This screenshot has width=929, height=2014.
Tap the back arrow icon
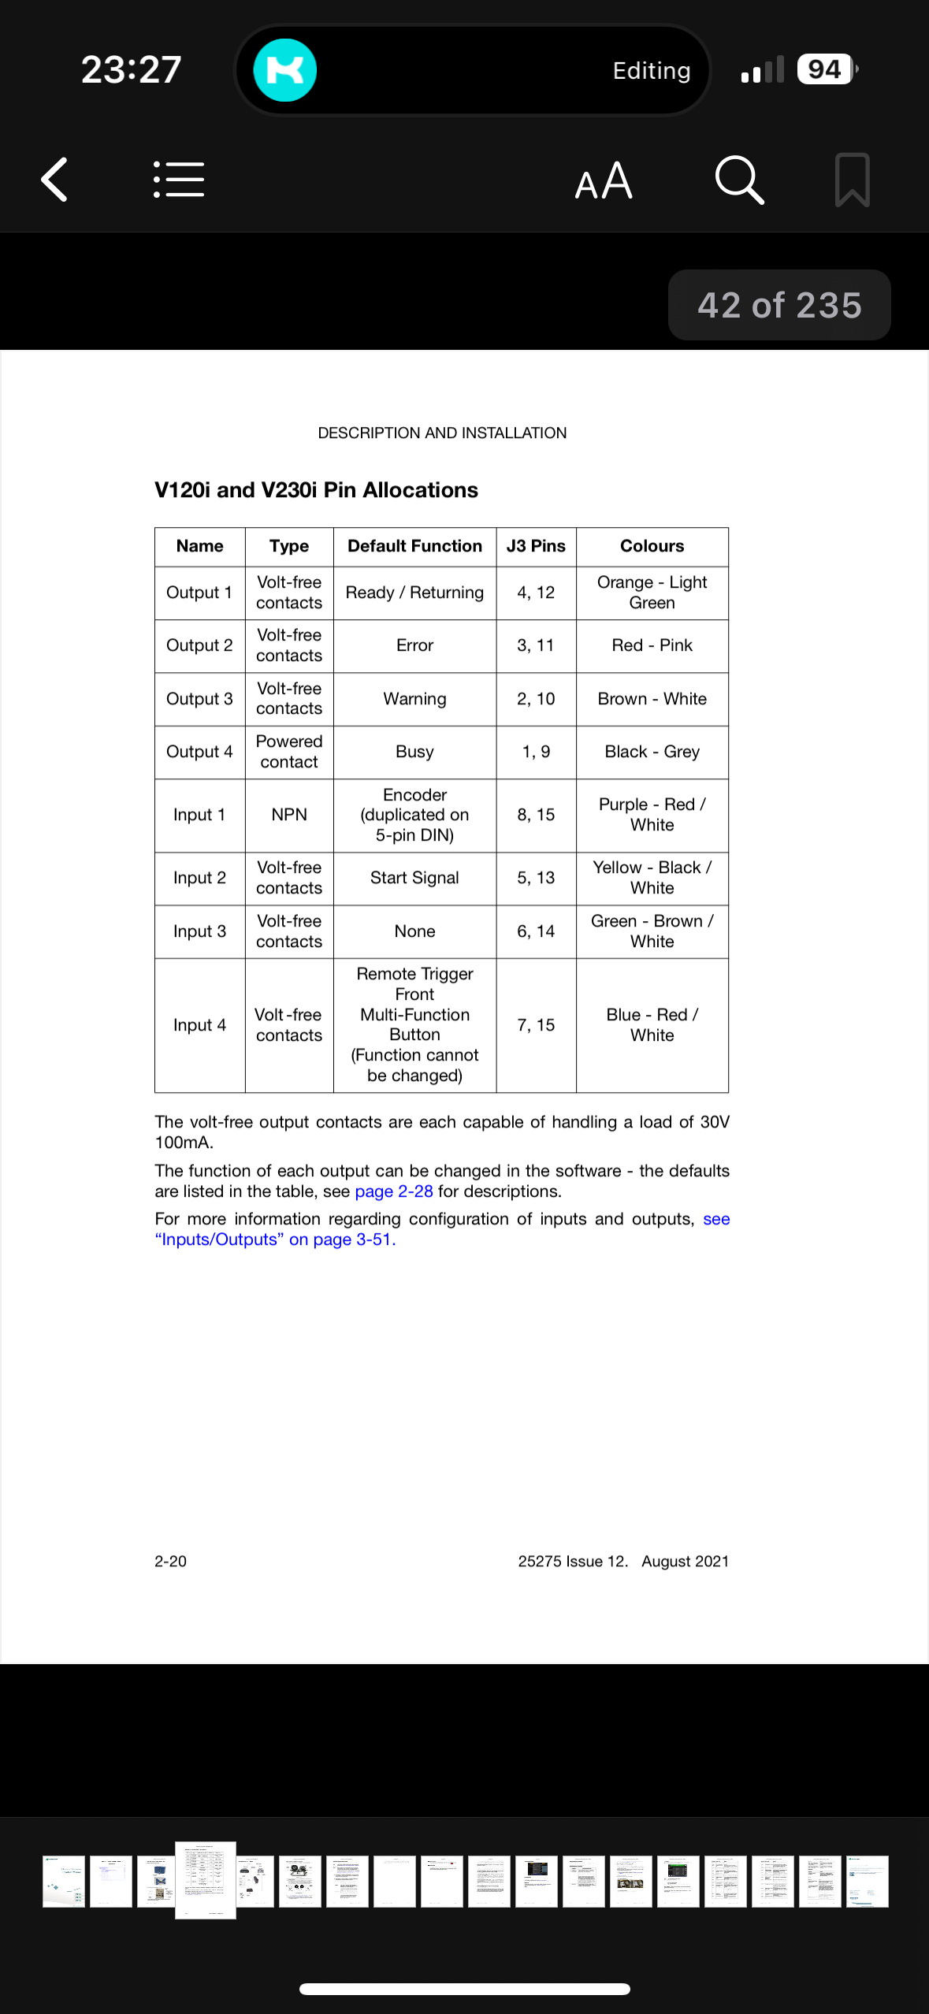coord(54,180)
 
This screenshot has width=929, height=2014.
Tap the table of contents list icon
coord(179,180)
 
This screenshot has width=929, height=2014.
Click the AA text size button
coord(604,181)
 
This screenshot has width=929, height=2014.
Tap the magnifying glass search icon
coord(739,180)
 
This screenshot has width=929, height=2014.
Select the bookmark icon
coord(852,180)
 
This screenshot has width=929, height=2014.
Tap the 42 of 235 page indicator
coord(779,305)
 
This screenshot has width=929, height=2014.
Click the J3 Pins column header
coord(536,546)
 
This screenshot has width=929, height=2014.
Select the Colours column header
coord(652,546)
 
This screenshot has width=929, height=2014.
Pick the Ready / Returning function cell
coord(414,593)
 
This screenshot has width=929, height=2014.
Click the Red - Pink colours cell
coord(652,645)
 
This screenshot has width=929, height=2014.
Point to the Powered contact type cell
coord(289,752)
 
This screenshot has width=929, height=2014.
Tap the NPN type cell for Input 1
coord(289,815)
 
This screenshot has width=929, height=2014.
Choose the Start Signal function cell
coord(414,878)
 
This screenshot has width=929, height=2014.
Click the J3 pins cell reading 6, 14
coord(536,931)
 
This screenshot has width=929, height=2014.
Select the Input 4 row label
coord(199,1025)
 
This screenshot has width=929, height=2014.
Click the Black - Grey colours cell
coord(652,752)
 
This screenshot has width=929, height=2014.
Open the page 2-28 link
coord(394,1191)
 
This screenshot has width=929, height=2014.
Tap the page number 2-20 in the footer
coord(170,1561)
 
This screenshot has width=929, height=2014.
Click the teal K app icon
coord(284,70)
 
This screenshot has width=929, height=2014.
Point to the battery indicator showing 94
coord(825,69)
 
